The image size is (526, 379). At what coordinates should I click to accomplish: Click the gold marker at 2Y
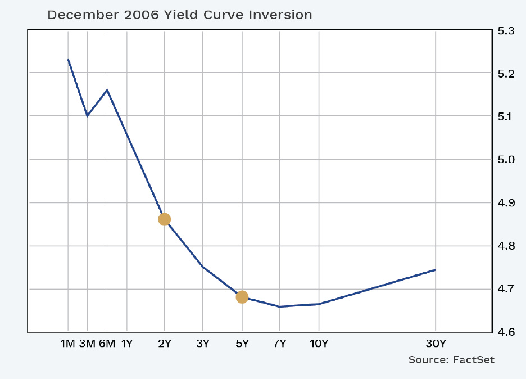[x=164, y=219]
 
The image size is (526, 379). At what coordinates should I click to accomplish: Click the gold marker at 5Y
[x=242, y=297]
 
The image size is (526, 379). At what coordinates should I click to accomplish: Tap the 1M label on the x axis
[x=67, y=343]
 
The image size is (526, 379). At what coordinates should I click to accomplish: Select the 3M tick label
[x=87, y=343]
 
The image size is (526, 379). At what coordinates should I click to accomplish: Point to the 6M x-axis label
[x=107, y=343]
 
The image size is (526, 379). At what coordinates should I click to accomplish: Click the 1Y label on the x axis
[x=127, y=343]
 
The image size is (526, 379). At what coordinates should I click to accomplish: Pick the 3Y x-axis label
[x=203, y=343]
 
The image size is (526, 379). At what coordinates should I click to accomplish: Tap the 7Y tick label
[x=279, y=343]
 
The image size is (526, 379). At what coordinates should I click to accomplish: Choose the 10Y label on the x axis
[x=319, y=343]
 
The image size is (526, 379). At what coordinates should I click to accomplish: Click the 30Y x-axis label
[x=436, y=343]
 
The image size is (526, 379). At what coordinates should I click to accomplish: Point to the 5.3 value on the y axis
[x=506, y=31]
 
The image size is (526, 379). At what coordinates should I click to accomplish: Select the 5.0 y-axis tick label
[x=506, y=160]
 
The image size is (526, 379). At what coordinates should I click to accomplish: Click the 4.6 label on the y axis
[x=506, y=332]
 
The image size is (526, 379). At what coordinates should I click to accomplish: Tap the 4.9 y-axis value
[x=506, y=203]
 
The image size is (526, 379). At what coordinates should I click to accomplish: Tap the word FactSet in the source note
[x=474, y=359]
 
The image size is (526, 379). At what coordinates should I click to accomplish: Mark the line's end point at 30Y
[x=436, y=270]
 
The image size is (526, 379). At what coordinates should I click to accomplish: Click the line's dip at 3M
[x=87, y=116]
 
